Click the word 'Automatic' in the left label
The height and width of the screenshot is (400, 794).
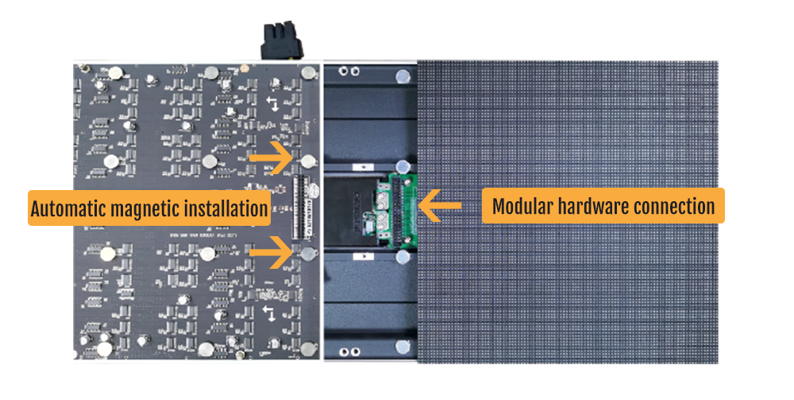67,209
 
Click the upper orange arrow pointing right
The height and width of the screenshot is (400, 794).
272,157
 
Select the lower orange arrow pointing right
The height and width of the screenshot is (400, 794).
272,251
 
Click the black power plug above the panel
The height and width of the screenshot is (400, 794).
282,41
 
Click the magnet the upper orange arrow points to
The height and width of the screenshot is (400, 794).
308,161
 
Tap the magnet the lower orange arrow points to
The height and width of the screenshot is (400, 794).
307,253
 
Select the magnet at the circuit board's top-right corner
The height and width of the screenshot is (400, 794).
308,72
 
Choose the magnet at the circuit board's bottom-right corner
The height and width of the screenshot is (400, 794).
308,349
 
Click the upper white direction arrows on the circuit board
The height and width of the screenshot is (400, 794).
272,103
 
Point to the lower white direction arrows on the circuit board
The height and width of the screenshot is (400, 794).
269,313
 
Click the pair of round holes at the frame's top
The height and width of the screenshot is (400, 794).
349,71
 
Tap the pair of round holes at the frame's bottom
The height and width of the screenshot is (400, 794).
350,351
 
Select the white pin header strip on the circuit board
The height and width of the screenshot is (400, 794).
301,207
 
